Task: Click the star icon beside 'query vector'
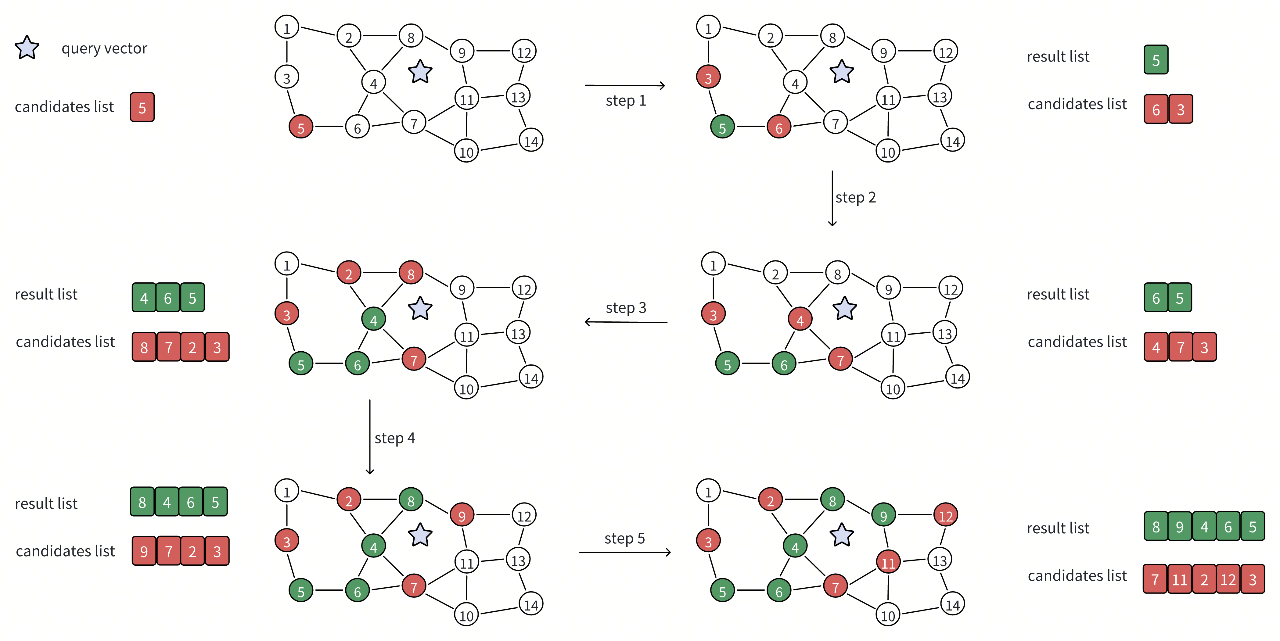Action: click(27, 48)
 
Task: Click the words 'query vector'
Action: click(104, 48)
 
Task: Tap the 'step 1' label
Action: click(626, 100)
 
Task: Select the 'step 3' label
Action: click(626, 308)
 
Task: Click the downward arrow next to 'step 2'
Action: click(832, 199)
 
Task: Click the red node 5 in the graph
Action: click(300, 127)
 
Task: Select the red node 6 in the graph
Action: click(778, 127)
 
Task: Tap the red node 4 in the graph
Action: click(800, 320)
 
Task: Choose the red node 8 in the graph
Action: click(411, 273)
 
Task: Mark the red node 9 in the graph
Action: click(462, 515)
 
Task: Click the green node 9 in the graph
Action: click(883, 515)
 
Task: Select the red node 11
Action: click(888, 562)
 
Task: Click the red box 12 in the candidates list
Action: click(1228, 579)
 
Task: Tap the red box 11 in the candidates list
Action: click(1179, 579)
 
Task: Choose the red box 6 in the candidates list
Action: click(1156, 109)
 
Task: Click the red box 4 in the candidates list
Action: click(1156, 347)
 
